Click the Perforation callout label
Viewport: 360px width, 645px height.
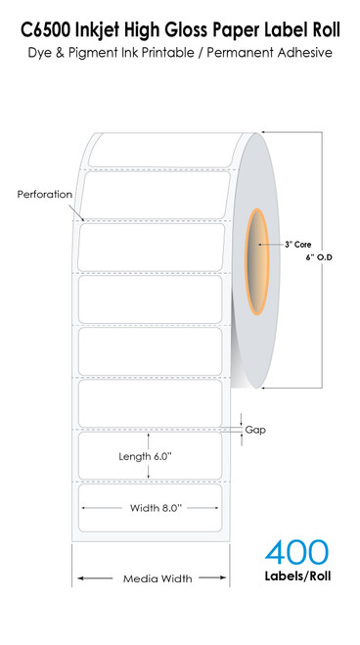pyautogui.click(x=45, y=194)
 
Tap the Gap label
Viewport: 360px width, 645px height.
pyautogui.click(x=255, y=429)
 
